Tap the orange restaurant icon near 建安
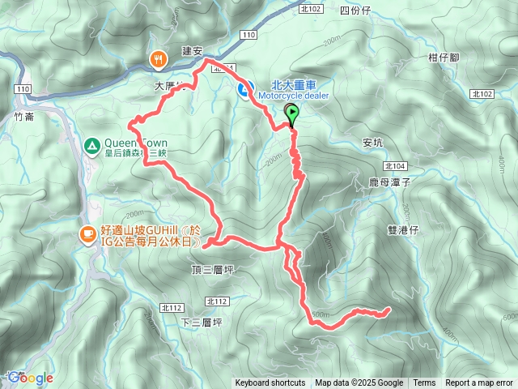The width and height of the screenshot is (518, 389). (x=157, y=58)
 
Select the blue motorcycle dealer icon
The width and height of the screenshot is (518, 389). (x=243, y=89)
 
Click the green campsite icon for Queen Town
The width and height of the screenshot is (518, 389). (x=91, y=146)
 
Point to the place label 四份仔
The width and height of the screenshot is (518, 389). (x=355, y=11)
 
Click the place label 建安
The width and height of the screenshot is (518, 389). (x=192, y=50)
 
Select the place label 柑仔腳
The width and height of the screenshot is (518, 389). (x=444, y=58)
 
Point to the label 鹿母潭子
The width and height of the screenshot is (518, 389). (x=391, y=183)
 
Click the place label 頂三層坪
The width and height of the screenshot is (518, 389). (x=213, y=269)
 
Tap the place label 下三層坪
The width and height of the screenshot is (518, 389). (x=202, y=322)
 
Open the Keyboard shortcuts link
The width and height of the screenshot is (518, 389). (x=270, y=383)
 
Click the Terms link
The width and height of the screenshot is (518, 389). (x=424, y=383)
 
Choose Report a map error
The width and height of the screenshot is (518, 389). (x=479, y=383)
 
